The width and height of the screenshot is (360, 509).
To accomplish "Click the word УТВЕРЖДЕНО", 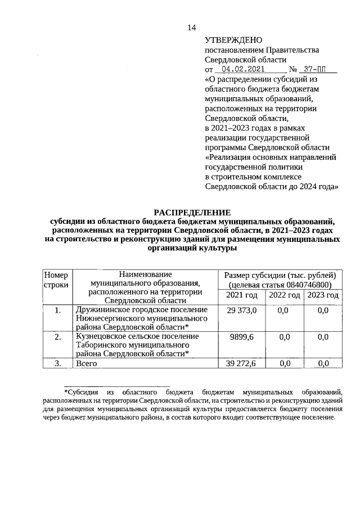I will click(234, 40).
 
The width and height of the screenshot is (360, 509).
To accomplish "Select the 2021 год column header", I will click(242, 295).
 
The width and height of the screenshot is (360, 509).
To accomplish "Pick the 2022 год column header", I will click(284, 295).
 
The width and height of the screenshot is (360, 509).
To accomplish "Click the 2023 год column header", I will click(323, 295).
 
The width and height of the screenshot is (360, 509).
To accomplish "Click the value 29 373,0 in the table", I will click(242, 310).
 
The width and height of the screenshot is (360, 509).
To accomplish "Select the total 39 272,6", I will click(242, 363).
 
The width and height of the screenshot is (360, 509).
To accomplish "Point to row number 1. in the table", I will click(58, 310).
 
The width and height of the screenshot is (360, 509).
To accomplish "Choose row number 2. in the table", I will click(58, 336).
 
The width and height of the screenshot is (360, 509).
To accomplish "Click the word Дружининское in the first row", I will click(103, 310).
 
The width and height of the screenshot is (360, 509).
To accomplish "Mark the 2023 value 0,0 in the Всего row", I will click(323, 363).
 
